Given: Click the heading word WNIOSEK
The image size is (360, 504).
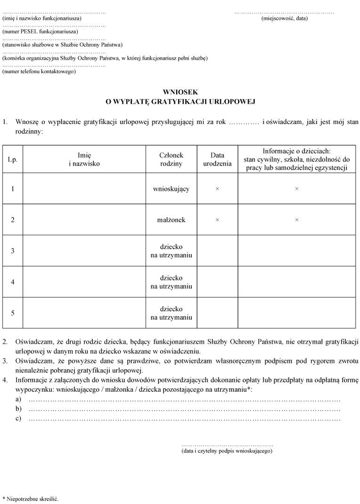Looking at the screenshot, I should coord(180,92).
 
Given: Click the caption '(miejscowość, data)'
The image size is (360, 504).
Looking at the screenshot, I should coord(284,18).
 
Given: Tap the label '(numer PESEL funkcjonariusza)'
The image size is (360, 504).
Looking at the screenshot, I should coord(40,32).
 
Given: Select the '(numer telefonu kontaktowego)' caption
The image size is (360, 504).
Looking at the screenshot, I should coord(39,72).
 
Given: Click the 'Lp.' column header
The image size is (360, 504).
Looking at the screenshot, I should coord(13,159).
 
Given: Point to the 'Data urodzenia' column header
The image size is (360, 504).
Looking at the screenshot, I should coord(217,159).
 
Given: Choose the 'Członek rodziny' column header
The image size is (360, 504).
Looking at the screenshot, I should coord(171,159).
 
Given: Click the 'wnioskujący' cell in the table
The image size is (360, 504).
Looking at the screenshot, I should coord(171,189).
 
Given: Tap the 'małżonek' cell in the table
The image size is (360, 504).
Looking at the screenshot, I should coord(171,220).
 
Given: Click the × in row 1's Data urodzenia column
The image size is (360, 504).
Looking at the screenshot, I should coord(217,189).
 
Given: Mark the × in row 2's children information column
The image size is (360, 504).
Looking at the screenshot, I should coord(296,220).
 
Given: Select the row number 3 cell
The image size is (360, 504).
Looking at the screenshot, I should coord(13,251).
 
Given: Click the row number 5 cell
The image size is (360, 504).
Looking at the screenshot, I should coord(13,313).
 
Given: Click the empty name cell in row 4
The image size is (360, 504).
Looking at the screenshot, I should coord(84,282).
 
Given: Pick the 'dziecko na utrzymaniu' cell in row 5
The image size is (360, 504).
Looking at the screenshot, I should coord(171,313).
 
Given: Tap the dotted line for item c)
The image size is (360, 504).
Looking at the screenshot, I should coord(184,419).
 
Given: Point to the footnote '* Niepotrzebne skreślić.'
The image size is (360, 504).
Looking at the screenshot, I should coord(30,498).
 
